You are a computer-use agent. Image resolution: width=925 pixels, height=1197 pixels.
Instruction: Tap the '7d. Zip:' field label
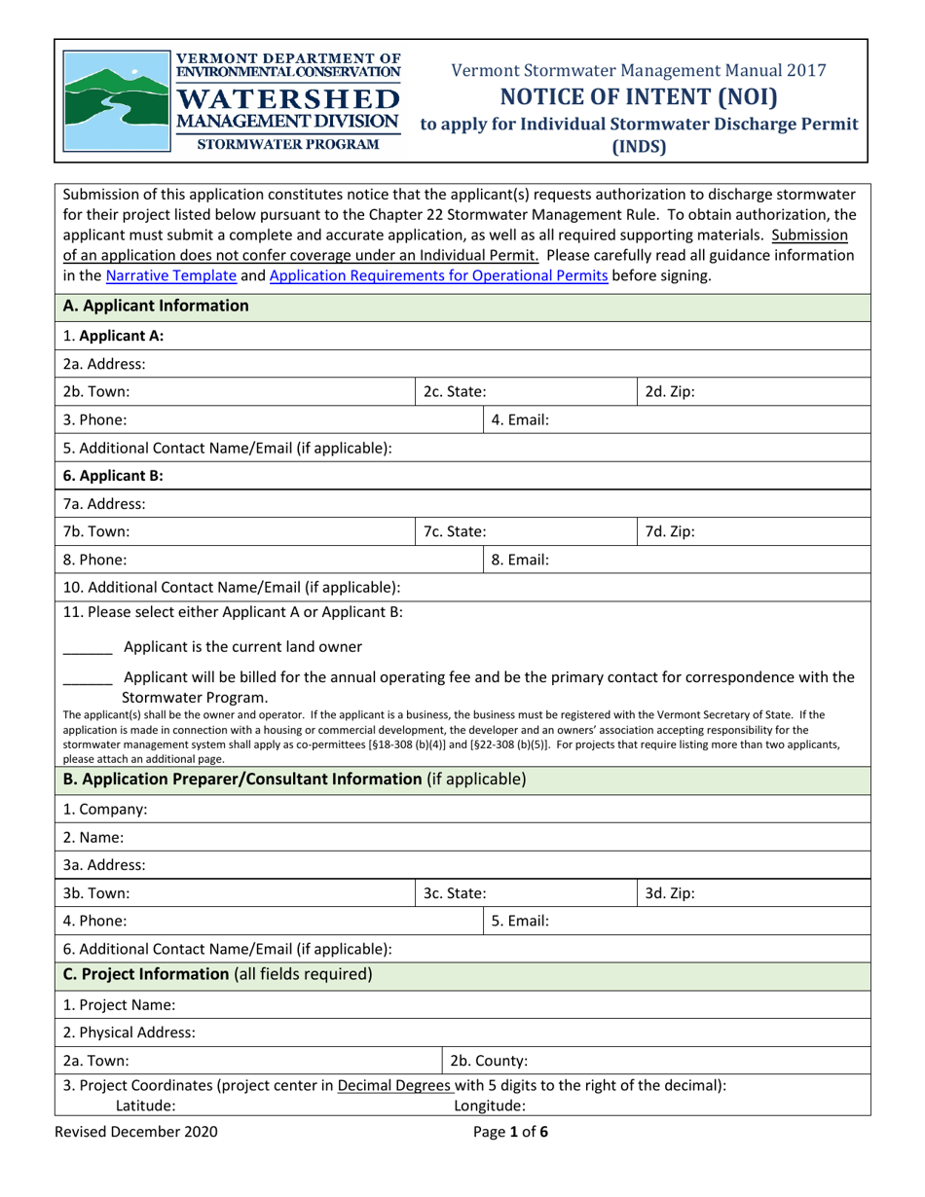point(671,532)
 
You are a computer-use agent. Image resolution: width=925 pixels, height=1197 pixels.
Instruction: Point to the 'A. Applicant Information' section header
point(141,306)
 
